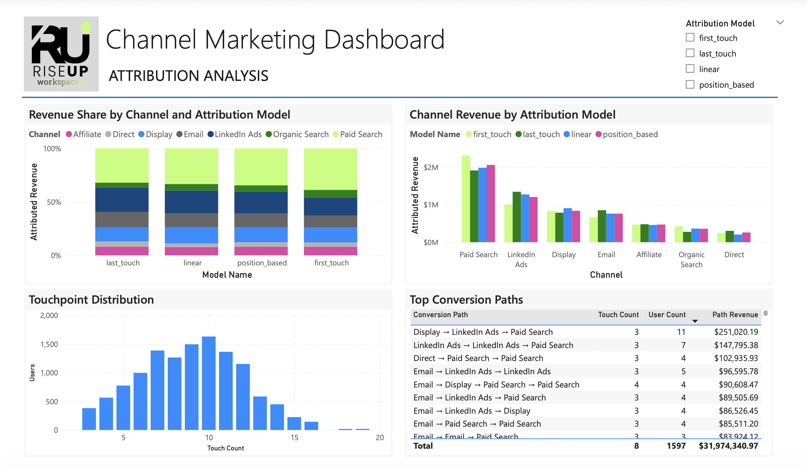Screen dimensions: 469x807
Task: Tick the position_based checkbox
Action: (x=690, y=85)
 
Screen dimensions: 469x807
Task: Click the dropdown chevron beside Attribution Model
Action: (x=780, y=22)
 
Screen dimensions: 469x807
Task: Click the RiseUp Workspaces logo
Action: (x=61, y=54)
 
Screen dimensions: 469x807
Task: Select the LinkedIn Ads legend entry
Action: (x=235, y=134)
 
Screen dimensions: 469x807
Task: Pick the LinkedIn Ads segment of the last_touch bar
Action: (x=122, y=199)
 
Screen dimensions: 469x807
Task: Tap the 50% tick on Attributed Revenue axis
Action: (x=53, y=202)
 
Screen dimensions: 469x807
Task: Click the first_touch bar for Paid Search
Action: (x=466, y=199)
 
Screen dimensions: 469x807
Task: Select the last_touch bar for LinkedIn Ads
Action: (x=517, y=217)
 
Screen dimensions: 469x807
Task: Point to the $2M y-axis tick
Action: (x=431, y=167)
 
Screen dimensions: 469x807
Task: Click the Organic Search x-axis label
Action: (x=692, y=259)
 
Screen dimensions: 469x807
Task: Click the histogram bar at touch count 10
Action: (x=209, y=383)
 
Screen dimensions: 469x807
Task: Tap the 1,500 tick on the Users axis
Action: (x=49, y=344)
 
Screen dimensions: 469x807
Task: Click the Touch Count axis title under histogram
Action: (x=225, y=448)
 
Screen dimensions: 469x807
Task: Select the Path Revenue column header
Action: (x=735, y=315)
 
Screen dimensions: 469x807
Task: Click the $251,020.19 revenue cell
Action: (x=736, y=332)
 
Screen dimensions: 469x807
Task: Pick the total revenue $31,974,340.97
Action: (x=728, y=446)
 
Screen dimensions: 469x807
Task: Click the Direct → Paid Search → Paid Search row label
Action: (x=478, y=358)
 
